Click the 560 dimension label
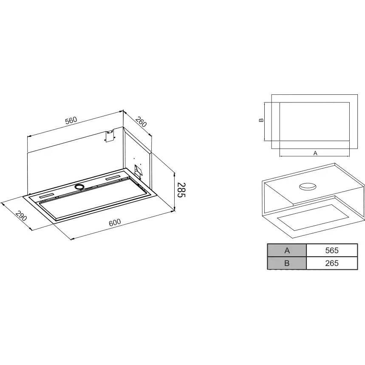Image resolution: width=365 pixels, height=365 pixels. pos(71,120)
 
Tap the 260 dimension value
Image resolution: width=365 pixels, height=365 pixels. pos(141,122)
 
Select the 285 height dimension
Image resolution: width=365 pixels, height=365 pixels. pos(181,190)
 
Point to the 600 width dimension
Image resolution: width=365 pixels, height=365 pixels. pos(115,223)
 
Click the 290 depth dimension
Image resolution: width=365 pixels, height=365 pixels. pos(21,216)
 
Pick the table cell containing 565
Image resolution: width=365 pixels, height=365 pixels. pos(332,250)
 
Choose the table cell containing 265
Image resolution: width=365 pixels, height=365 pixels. pos(332,263)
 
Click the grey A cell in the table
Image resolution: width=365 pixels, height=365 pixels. pos(287,250)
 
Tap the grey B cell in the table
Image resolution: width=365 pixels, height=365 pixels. pos(287,263)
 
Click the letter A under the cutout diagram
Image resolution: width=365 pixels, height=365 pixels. pos(315,153)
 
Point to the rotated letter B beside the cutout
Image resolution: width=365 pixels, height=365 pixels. pos(261,120)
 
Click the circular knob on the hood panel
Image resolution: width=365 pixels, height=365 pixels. pos(79,187)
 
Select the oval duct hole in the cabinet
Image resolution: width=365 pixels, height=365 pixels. pos(308,187)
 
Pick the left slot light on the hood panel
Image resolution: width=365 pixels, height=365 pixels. pos(47,196)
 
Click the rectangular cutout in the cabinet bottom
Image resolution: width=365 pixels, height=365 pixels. pos(313,217)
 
